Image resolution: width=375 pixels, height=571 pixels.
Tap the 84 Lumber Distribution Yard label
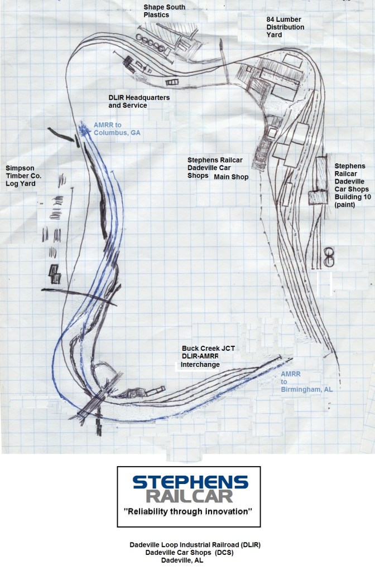pos(285,27)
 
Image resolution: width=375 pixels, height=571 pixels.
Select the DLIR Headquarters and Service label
pos(139,101)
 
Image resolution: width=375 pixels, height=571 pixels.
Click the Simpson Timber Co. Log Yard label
pos(23,175)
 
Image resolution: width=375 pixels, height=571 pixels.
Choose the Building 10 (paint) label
pos(349,186)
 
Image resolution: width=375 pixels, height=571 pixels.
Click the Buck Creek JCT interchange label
pos(208,356)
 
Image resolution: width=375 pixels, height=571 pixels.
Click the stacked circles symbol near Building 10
pos(329,257)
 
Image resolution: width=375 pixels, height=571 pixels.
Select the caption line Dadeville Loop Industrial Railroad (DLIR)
pos(195,544)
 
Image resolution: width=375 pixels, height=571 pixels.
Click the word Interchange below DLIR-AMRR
pos(201,365)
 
